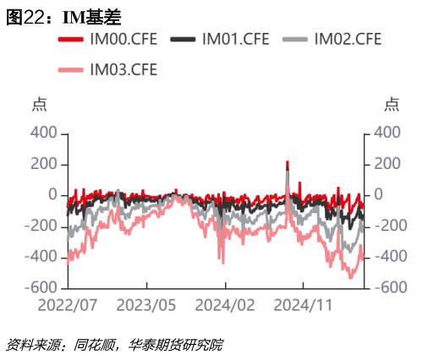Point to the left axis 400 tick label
coord(44,133)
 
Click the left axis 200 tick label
coord(44,164)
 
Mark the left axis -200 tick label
coord(41,226)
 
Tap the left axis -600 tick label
coord(41,287)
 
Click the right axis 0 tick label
coord(378,194)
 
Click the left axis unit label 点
coord(38,104)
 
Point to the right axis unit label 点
coord(392,104)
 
